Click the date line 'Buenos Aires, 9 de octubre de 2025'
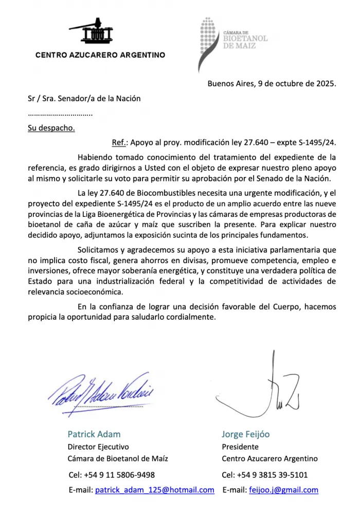point(272,83)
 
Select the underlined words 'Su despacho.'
point(51,128)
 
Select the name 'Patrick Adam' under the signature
point(94,434)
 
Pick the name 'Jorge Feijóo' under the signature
point(245,434)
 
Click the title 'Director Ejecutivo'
point(98,447)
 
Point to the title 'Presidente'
point(240,447)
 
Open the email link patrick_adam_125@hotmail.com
point(155,490)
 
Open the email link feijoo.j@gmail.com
point(283,490)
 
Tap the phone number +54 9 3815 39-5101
point(276,475)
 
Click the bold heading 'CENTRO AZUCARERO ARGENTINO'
point(100,55)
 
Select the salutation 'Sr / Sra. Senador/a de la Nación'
point(84,98)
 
